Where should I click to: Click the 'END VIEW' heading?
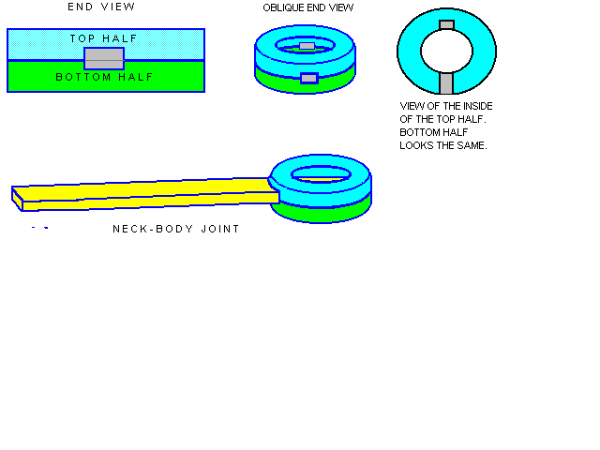point(101,7)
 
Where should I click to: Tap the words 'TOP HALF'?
point(104,38)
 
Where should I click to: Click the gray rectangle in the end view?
point(104,59)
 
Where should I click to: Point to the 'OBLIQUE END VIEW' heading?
point(307,7)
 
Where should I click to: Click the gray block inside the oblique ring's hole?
point(307,46)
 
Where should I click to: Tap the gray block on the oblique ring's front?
point(308,78)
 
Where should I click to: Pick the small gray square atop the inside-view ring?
point(446,25)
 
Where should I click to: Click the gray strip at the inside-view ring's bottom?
point(446,83)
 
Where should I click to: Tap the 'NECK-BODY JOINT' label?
point(175,229)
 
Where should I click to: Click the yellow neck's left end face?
point(17,195)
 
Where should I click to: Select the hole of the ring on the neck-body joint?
point(321,173)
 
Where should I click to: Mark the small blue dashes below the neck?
point(39,228)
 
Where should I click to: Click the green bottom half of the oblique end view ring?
point(272,80)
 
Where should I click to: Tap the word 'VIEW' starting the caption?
point(412,106)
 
